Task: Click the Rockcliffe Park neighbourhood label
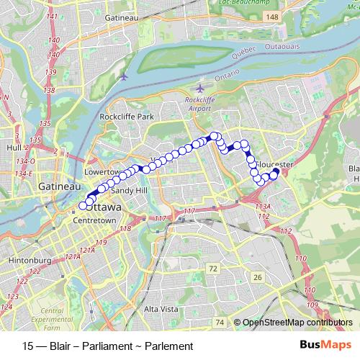[x=127, y=117]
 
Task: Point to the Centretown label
[x=94, y=220]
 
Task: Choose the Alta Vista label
[x=161, y=308]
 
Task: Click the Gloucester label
[x=274, y=164]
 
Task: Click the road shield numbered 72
[x=212, y=269]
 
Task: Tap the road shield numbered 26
[x=257, y=277]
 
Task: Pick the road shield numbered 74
[x=220, y=322]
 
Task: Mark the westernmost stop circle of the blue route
[x=84, y=206]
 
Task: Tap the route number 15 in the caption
[x=28, y=346]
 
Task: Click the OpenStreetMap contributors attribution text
[x=298, y=323]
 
